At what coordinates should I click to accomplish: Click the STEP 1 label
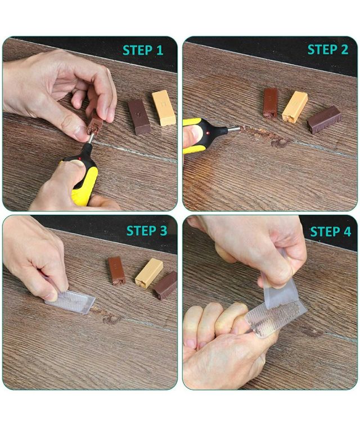[x=143, y=50]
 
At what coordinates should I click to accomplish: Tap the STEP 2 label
[x=328, y=49]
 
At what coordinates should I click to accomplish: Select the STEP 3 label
[x=147, y=230]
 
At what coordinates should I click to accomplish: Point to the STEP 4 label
[x=331, y=232]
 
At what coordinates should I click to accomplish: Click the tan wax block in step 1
[x=164, y=108]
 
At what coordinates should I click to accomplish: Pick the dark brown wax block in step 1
[x=139, y=117]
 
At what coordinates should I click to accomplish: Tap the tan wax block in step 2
[x=295, y=107]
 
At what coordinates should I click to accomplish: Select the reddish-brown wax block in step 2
[x=270, y=103]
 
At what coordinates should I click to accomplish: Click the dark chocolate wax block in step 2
[x=324, y=119]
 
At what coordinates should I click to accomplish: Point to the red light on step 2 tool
[x=208, y=133]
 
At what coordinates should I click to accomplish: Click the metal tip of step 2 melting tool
[x=234, y=129]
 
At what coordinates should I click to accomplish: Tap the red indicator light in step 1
[x=80, y=158]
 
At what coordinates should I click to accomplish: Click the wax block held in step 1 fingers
[x=94, y=123]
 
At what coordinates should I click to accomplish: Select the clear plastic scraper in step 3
[x=70, y=301]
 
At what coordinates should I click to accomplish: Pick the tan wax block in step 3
[x=148, y=273]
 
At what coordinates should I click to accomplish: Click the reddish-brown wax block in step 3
[x=116, y=270]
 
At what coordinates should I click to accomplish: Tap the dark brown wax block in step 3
[x=165, y=285]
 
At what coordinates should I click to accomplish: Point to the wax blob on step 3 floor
[x=107, y=316]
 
